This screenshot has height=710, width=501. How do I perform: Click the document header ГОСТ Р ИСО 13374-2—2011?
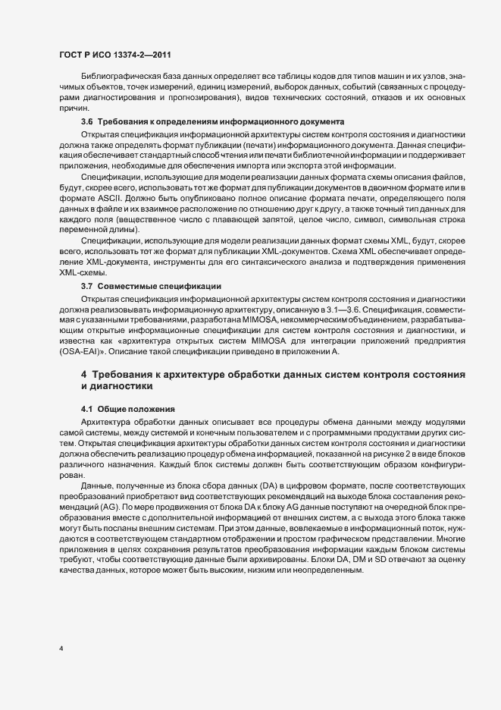tap(114, 56)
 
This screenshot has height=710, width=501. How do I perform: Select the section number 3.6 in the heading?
tap(86, 122)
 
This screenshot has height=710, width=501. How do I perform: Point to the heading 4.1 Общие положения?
tap(127, 409)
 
